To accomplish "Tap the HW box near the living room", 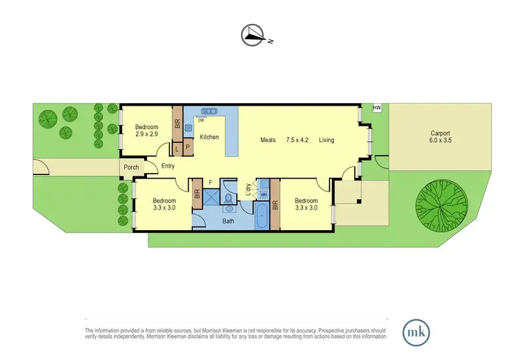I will (x=376, y=108).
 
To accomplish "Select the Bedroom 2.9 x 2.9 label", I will (x=146, y=130).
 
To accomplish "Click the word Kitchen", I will (x=209, y=137).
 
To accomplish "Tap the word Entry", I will (x=168, y=166).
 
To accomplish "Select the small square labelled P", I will (x=187, y=148).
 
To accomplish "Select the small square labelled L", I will (x=176, y=148).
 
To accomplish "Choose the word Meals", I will (x=268, y=140).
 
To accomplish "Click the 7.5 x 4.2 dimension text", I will (x=297, y=140).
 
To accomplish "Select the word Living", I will (x=326, y=140).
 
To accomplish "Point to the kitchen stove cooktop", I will (x=187, y=127).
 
